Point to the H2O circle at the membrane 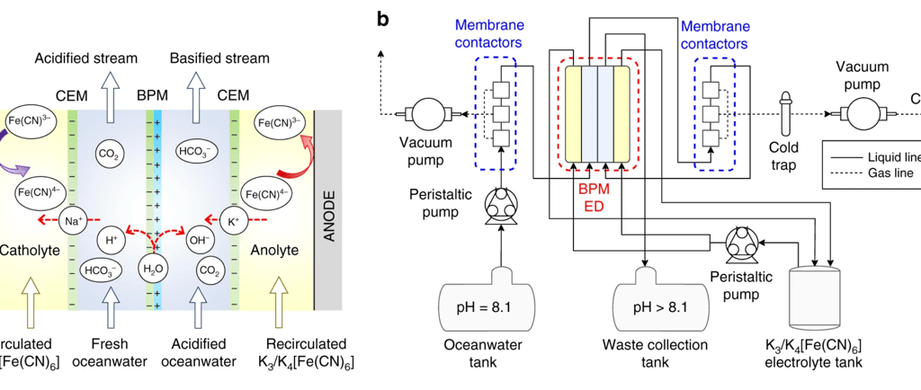coord(153,269)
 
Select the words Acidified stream coord(86,58)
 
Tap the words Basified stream coord(220,58)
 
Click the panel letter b coord(383,18)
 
